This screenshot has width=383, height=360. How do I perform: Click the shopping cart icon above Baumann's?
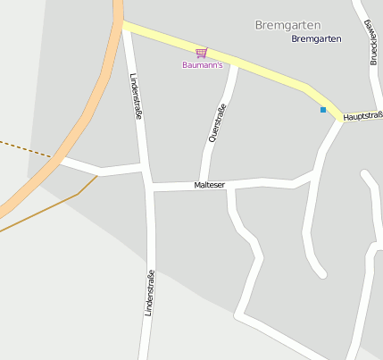[201, 54]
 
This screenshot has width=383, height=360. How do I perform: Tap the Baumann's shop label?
[201, 65]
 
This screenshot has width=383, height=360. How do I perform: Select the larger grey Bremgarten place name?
[287, 25]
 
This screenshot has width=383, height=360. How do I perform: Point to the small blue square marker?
[323, 110]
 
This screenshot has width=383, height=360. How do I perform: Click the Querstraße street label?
[214, 122]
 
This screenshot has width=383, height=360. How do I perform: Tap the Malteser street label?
[210, 185]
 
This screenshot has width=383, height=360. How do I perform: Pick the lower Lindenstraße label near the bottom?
[149, 293]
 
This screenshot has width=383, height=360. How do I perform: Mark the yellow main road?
[259, 69]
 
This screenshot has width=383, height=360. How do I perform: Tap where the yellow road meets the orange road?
[121, 26]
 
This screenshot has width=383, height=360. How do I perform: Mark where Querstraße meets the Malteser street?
[204, 184]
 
